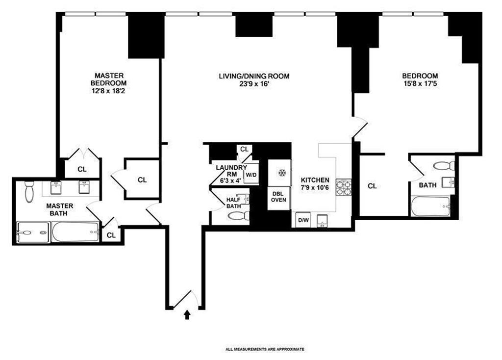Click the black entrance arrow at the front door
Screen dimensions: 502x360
[187, 315]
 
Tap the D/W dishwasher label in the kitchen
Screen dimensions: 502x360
[303, 220]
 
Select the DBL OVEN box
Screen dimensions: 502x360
[278, 198]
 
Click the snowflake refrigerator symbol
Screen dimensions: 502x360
[282, 173]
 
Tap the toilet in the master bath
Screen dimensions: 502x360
[29, 192]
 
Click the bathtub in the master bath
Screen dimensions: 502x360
[75, 232]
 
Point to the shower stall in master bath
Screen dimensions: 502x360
[33, 232]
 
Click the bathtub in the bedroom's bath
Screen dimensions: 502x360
[431, 206]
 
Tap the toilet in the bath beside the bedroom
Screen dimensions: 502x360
[444, 166]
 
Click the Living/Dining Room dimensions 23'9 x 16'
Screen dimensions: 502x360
[255, 84]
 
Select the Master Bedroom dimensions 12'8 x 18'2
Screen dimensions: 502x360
[109, 91]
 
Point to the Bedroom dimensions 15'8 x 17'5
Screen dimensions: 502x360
[420, 84]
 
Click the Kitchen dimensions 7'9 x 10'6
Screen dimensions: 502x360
[315, 188]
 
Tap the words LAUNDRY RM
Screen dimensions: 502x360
[231, 171]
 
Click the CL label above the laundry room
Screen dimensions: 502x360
[244, 149]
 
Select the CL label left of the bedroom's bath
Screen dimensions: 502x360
[372, 186]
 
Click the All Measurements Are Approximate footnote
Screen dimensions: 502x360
[265, 349]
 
